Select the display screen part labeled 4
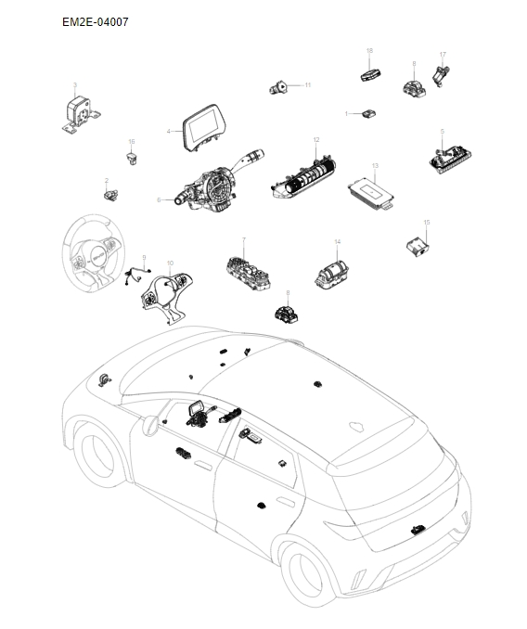point(203,129)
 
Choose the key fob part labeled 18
point(370,73)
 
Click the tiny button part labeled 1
point(369,113)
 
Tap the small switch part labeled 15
point(415,245)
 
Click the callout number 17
point(443,55)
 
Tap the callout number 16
point(132,142)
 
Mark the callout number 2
point(107,180)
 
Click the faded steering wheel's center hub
point(94,252)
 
